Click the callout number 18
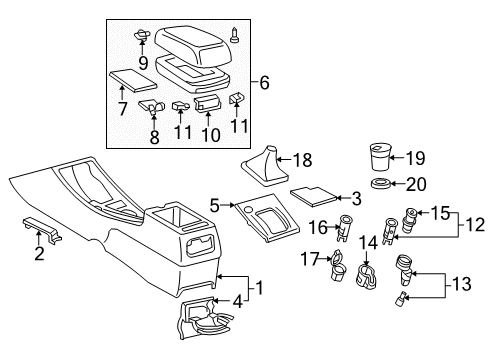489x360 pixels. pyautogui.click(x=302, y=159)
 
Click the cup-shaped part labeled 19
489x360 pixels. pyautogui.click(x=380, y=159)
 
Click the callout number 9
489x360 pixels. pyautogui.click(x=144, y=62)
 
